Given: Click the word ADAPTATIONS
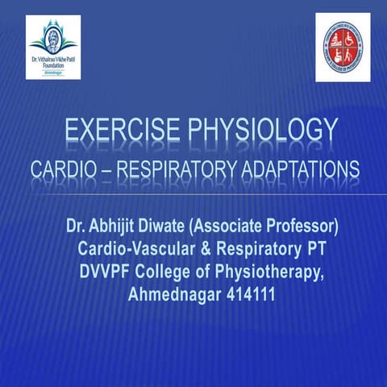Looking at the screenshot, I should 298,170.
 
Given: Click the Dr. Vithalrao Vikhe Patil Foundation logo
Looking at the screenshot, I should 53,48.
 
